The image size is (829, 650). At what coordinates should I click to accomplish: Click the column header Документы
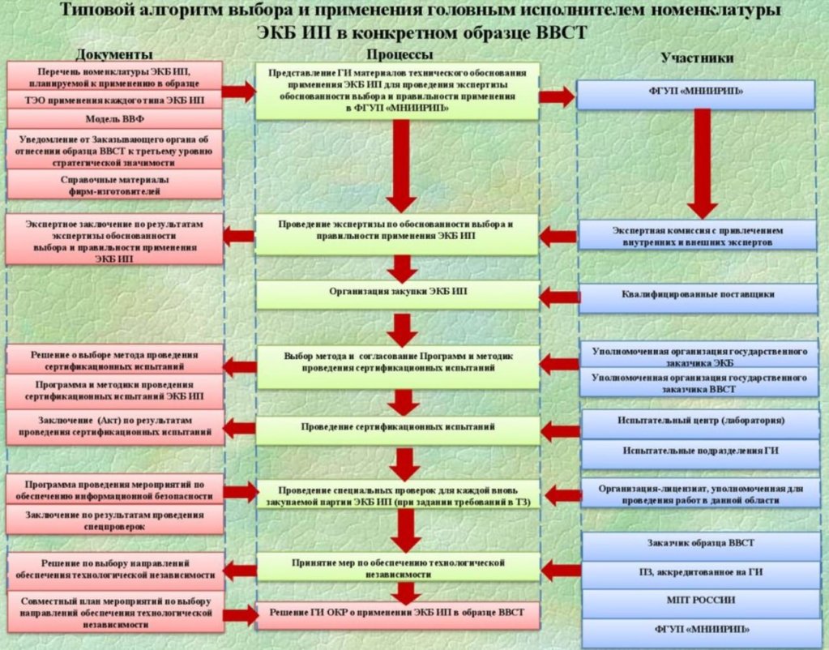[114, 55]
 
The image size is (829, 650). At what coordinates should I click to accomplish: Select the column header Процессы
[399, 53]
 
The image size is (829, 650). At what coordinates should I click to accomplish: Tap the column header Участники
[697, 58]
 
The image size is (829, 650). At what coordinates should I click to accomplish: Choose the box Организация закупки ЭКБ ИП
[398, 294]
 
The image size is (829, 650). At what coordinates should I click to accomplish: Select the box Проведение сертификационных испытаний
[398, 427]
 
